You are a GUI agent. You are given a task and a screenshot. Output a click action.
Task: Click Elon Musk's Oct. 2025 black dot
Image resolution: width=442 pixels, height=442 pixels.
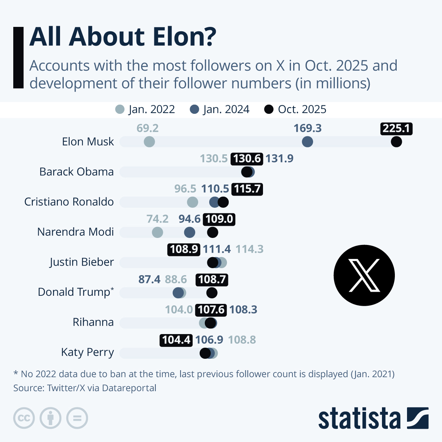pyautogui.click(x=396, y=141)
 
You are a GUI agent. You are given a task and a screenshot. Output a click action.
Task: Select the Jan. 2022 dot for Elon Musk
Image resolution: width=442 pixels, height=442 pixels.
pyautogui.click(x=149, y=141)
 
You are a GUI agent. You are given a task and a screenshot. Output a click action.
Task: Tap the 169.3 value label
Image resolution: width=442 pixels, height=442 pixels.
pyautogui.click(x=307, y=128)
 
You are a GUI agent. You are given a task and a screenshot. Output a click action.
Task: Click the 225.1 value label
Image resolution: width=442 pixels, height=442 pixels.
pyautogui.click(x=396, y=128)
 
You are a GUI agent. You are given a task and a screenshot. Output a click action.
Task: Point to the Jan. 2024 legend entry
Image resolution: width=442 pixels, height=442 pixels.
pyautogui.click(x=220, y=109)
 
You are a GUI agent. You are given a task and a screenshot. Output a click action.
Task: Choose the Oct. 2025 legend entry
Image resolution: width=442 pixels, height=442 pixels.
pyautogui.click(x=295, y=109)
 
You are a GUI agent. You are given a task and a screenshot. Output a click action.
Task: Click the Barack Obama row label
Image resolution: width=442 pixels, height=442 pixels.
pyautogui.click(x=77, y=172)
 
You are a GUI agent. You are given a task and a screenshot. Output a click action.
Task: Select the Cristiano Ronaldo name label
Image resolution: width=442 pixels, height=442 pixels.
pyautogui.click(x=69, y=202)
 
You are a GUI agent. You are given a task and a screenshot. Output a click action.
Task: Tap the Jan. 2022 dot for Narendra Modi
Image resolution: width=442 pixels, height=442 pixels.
pyautogui.click(x=157, y=232)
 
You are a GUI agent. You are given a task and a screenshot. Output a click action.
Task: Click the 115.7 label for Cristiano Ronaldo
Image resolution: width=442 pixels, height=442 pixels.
pyautogui.click(x=247, y=189)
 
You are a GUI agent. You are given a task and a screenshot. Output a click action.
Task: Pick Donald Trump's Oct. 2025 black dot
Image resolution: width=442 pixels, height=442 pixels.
pyautogui.click(x=211, y=293)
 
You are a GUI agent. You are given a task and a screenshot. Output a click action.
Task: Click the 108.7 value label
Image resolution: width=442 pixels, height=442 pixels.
pyautogui.click(x=212, y=280)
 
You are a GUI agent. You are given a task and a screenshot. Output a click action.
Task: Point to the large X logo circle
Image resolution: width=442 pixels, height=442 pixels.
pyautogui.click(x=364, y=275)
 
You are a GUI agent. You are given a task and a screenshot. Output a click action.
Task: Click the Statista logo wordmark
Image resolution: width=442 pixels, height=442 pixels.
pyautogui.click(x=359, y=418)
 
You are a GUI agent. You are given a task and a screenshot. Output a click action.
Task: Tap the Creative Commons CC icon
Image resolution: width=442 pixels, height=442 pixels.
pyautogui.click(x=24, y=418)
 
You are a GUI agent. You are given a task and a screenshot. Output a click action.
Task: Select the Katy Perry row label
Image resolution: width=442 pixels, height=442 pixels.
pyautogui.click(x=87, y=352)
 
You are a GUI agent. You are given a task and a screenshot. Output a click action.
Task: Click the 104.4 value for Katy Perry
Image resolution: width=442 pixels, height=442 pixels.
pyautogui.click(x=176, y=340)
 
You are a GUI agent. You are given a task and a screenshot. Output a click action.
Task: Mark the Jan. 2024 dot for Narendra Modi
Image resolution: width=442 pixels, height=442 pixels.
pyautogui.click(x=189, y=232)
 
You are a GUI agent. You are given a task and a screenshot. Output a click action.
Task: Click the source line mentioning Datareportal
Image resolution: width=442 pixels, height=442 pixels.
pyautogui.click(x=85, y=388)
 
